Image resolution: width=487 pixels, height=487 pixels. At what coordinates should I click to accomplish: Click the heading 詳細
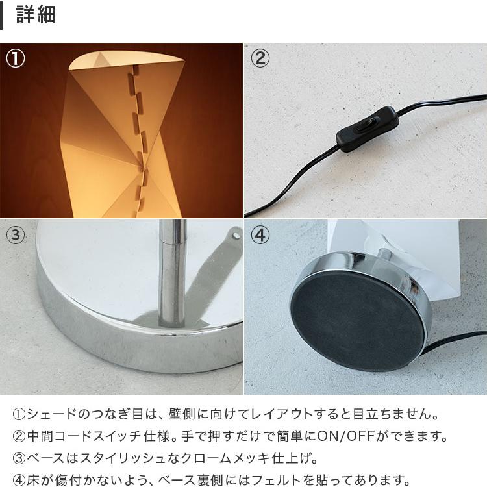click(36, 15)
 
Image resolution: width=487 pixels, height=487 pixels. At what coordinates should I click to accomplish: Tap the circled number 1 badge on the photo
click(16, 58)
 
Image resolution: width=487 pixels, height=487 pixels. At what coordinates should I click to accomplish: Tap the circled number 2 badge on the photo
click(260, 58)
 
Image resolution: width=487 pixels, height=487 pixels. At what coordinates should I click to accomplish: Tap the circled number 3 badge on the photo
click(16, 234)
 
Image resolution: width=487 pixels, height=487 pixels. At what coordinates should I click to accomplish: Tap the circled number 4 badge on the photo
click(260, 234)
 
